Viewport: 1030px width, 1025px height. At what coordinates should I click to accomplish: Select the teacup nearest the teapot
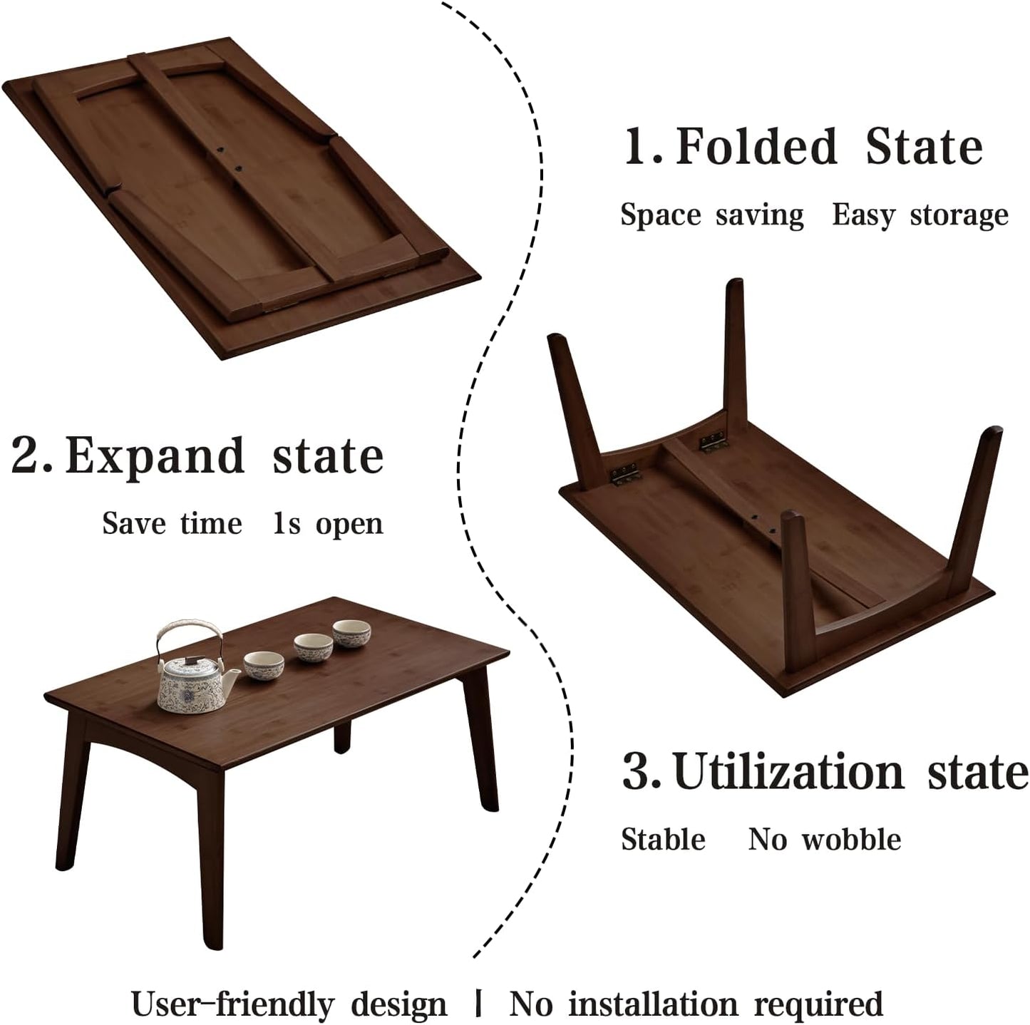point(264,665)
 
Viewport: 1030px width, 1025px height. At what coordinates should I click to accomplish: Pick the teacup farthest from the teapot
point(351,632)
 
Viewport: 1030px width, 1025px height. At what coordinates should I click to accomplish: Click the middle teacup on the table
point(314,647)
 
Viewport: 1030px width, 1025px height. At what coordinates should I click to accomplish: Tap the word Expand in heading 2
point(155,455)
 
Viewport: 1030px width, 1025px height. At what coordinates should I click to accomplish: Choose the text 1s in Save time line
point(287,523)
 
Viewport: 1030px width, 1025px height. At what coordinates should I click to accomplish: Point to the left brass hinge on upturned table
point(623,474)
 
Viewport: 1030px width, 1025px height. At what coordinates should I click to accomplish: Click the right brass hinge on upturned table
point(714,443)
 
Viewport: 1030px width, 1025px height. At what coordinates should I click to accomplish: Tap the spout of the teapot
point(234,681)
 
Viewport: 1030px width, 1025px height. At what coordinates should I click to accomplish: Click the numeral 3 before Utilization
point(637,771)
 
